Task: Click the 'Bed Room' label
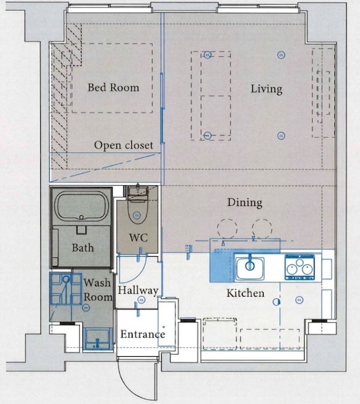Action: coord(113,87)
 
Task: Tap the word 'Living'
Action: coord(266,89)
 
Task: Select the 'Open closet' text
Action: coord(123,145)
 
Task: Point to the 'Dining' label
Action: coord(245,203)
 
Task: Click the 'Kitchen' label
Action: coord(245,293)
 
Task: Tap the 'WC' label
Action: coord(138,238)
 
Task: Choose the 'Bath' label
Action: coord(82,248)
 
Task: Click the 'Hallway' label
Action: coord(138,291)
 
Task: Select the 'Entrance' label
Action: coord(142,334)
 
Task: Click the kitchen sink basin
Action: coord(250,268)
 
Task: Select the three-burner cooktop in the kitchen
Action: coord(300,267)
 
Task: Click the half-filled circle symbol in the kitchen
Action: coord(277,302)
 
